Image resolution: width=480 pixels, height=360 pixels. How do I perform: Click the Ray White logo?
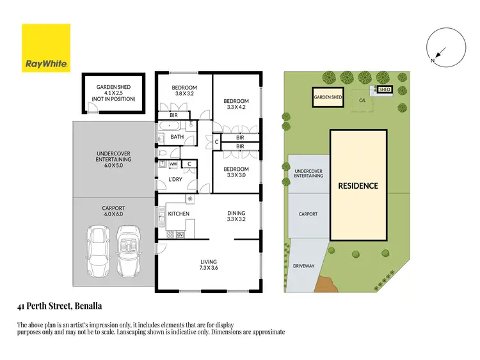46,49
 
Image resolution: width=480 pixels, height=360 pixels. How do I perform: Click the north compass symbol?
440,49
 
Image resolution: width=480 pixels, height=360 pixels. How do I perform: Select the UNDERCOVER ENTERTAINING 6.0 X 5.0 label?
113,159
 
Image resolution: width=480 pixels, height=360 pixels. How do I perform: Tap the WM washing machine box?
173,164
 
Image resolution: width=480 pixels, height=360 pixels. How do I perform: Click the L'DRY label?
175,180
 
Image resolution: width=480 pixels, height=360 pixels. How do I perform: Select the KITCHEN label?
179,214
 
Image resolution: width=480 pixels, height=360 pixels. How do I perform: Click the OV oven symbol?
180,235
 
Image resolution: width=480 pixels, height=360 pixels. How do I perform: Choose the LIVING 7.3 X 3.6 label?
209,265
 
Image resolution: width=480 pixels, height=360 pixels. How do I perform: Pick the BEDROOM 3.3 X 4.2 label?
236,105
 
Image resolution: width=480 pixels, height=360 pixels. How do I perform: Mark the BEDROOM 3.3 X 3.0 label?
236,172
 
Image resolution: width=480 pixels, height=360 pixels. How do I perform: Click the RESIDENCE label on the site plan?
358,186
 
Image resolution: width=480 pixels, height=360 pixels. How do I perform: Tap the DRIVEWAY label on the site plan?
304,266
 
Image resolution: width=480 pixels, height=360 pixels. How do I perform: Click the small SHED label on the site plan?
385,90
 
